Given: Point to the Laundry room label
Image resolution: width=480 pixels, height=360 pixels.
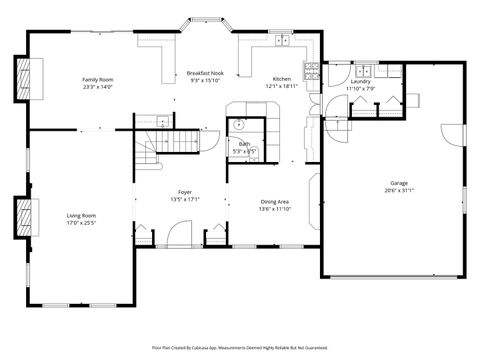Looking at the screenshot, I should click(360, 82).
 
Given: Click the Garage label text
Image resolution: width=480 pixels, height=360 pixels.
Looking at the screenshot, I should click(399, 183).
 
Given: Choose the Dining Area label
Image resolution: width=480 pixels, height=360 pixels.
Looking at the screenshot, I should click(275, 201).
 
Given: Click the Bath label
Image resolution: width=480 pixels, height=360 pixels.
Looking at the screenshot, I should click(243, 144).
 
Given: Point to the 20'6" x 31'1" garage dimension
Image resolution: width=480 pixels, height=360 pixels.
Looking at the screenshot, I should click(399, 191).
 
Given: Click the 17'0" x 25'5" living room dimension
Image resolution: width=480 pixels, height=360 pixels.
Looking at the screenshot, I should click(81, 223).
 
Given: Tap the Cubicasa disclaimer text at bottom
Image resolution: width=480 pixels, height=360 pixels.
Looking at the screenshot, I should click(239, 348).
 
